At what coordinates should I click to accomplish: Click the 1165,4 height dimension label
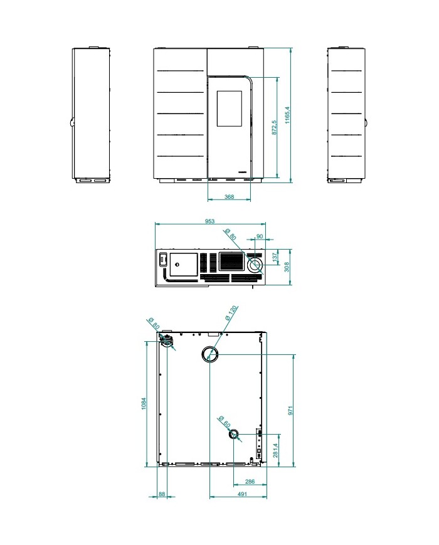coord(287,115)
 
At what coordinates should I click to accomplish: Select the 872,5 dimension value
coord(274,127)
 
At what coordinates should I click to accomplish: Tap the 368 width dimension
coord(229,197)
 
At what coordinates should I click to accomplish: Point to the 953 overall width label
coord(209,221)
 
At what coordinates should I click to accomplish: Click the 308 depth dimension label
coord(287,267)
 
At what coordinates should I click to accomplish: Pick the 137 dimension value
coord(275,257)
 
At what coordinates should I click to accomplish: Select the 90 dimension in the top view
coord(260,236)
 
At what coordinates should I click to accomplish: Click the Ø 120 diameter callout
coord(231,312)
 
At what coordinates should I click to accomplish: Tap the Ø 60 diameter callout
coord(224,422)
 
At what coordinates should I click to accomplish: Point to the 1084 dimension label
coord(144,403)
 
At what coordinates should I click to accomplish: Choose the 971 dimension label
coord(290,411)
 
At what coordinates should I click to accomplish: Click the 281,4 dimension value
coord(275,450)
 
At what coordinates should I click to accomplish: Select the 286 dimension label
coord(250,482)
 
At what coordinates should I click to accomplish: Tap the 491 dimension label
coord(242,494)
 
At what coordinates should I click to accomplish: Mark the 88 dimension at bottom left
coord(162,494)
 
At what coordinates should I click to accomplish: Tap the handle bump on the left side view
coord(71,122)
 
